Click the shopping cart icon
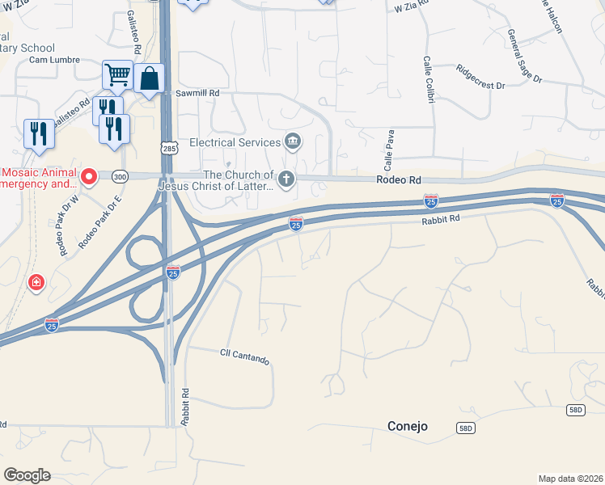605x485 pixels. (x=118, y=75)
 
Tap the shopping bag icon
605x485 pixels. (x=150, y=79)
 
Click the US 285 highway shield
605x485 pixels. (x=168, y=149)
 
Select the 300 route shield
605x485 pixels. (x=120, y=175)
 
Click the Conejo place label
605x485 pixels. (x=407, y=426)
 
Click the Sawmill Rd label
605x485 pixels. (x=197, y=94)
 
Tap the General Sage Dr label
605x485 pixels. (x=524, y=57)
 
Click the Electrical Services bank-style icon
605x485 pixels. (x=293, y=142)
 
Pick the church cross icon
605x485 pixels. (x=286, y=179)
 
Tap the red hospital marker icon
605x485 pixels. (x=36, y=283)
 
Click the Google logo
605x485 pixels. (x=27, y=475)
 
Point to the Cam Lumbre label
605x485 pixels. (x=51, y=60)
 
